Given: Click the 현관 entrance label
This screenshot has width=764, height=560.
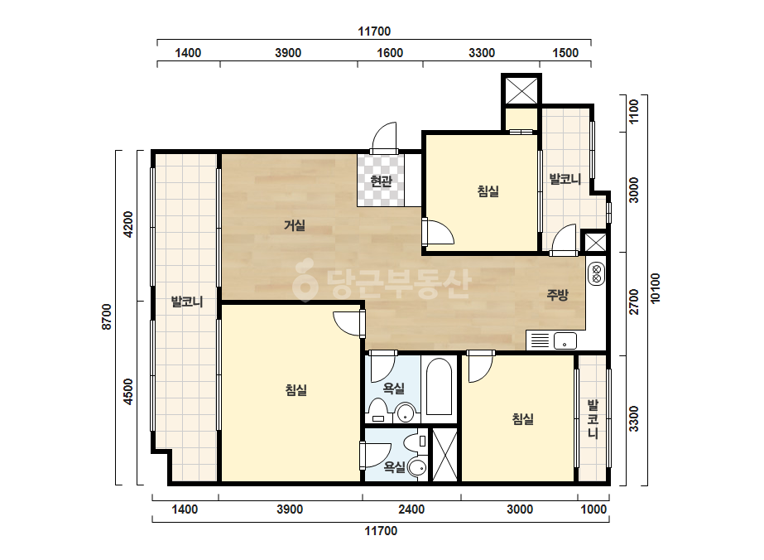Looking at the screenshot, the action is coord(381,181).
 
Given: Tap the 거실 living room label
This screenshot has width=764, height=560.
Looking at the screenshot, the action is coord(295,225).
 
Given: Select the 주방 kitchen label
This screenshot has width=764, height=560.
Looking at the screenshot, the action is coord(557,295).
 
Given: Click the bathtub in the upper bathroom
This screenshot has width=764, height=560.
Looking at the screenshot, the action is coord(439,388).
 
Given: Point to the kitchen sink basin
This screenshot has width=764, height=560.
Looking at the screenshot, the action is coord(565,341).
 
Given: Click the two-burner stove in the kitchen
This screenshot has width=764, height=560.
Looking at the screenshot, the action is coord(597,273).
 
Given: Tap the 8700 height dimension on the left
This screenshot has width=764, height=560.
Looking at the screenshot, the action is coord(107,317).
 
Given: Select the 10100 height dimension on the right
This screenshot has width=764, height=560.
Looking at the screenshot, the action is coord(656,288).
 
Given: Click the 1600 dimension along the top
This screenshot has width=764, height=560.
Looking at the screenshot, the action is coord(390,53).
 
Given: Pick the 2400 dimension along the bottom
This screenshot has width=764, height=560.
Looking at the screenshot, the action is coord(411,509).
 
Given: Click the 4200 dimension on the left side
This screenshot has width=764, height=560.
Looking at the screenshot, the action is coord(128,224).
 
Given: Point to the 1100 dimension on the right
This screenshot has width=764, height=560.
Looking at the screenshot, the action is coord(633,112).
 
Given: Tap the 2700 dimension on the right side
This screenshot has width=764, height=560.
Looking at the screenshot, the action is coord(633,302).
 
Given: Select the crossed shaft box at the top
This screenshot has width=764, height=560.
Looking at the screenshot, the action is coord(521,89).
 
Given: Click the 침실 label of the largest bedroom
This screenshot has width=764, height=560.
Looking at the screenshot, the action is coord(296,390).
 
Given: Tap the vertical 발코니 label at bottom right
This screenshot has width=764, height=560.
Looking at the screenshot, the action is coord(593,418).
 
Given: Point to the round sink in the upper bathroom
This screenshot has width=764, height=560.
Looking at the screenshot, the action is coord(406,413).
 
